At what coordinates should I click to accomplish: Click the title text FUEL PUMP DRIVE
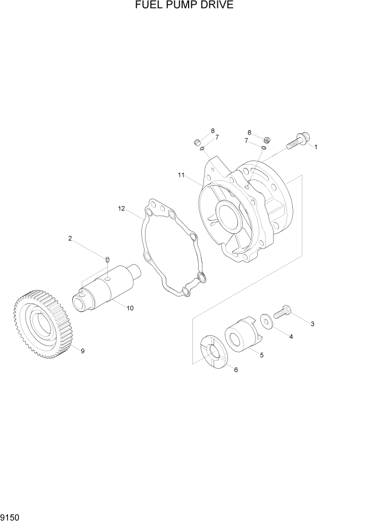pyautogui.click(x=184, y=6)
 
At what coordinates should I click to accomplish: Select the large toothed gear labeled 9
pyautogui.click(x=43, y=324)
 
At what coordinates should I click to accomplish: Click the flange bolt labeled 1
pyautogui.click(x=294, y=142)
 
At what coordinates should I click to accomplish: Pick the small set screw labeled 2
pyautogui.click(x=107, y=259)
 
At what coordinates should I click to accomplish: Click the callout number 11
pyautogui.click(x=181, y=175)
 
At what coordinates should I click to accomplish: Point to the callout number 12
pyautogui.click(x=121, y=209)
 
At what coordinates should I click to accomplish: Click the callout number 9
pyautogui.click(x=82, y=351)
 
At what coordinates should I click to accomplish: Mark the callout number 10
pyautogui.click(x=130, y=308)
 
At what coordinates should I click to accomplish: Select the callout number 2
pyautogui.click(x=70, y=239)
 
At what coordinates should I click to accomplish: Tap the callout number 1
pyautogui.click(x=316, y=147)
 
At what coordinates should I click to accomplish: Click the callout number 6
pyautogui.click(x=236, y=370)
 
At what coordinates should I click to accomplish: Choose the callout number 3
pyautogui.click(x=312, y=324)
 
